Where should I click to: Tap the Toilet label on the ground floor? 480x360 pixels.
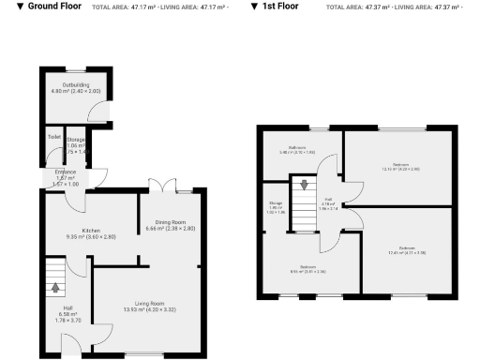53,138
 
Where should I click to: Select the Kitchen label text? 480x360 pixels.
91,231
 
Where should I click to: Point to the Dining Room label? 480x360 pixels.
170,222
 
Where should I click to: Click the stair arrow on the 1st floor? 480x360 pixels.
303,184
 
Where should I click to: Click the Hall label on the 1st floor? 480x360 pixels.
328,200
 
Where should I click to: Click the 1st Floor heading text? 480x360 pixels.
280,7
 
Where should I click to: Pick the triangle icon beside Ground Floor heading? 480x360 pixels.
7,7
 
